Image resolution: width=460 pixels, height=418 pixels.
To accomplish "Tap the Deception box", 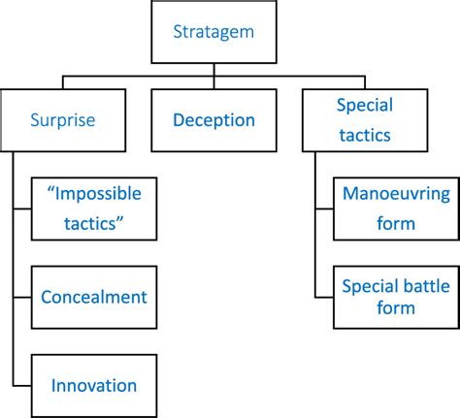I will coord(214,121).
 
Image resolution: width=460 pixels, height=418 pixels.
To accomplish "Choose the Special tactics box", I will coord(363,121).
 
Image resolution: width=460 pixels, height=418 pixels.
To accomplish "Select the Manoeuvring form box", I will coord(396,209).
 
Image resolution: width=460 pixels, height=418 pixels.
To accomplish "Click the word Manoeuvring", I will coord(396,194).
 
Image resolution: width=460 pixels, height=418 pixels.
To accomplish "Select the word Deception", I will coord(214,121).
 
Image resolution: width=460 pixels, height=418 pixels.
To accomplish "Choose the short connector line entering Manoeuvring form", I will coord(325,209).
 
